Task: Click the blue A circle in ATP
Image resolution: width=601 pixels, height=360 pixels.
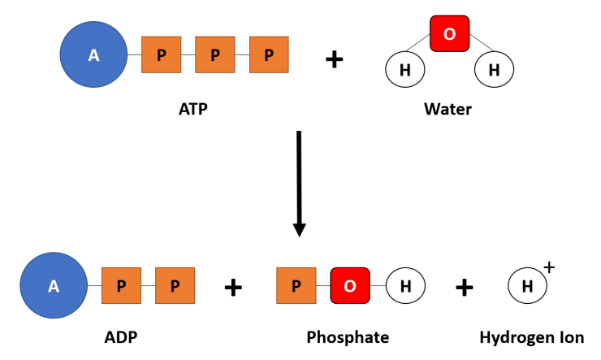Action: [93, 55]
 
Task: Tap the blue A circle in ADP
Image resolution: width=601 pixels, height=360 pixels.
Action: [54, 285]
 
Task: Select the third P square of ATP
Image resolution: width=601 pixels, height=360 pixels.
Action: [268, 55]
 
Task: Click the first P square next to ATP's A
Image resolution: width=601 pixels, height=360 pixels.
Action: [161, 55]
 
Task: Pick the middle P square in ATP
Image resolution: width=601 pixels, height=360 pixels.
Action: [214, 55]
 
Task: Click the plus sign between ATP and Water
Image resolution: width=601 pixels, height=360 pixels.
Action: [334, 59]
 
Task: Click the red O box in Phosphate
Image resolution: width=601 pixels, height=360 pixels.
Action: [350, 285]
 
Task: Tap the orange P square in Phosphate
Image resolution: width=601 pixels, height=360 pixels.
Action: [296, 285]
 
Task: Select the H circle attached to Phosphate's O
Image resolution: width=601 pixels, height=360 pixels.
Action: [404, 285]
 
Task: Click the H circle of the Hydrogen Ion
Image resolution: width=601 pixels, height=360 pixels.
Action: [527, 286]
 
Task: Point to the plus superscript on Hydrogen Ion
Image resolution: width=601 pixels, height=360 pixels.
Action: [549, 267]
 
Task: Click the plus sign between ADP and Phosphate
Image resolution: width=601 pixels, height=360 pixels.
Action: [233, 287]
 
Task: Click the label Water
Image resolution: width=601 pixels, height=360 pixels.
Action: [448, 108]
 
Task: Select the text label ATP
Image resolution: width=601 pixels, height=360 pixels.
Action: [192, 108]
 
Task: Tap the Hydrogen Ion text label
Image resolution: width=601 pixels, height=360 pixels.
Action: [531, 337]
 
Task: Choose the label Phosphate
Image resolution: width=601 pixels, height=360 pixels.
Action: [348, 337]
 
